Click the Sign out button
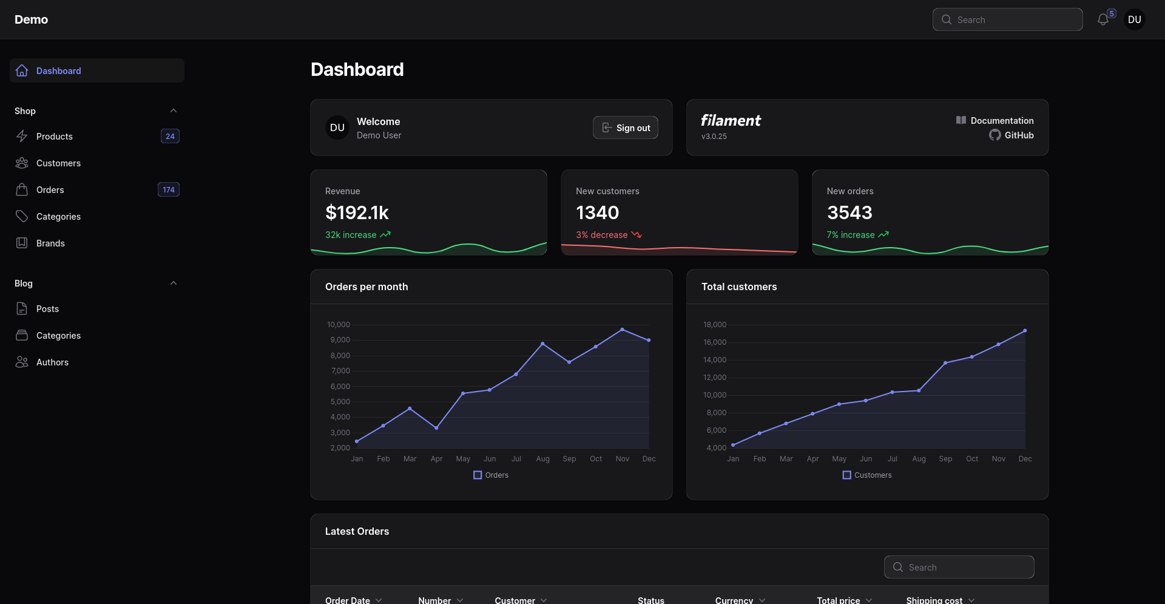[x=625, y=127]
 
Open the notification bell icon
[x=1103, y=20]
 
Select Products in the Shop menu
[x=55, y=137]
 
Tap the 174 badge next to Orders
[x=169, y=190]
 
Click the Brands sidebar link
[x=50, y=243]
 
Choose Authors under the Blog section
[x=52, y=362]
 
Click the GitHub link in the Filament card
[x=1011, y=135]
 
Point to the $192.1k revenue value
[x=357, y=212]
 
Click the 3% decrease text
[x=602, y=235]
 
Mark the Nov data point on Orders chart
[x=622, y=330]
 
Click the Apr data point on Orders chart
[x=436, y=428]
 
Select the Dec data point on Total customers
[x=1025, y=331]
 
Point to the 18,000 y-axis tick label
[x=715, y=325]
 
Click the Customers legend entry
[x=867, y=475]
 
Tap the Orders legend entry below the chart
[x=491, y=475]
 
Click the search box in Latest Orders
[x=959, y=567]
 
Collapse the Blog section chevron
[x=174, y=283]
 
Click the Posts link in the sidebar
[x=47, y=309]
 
